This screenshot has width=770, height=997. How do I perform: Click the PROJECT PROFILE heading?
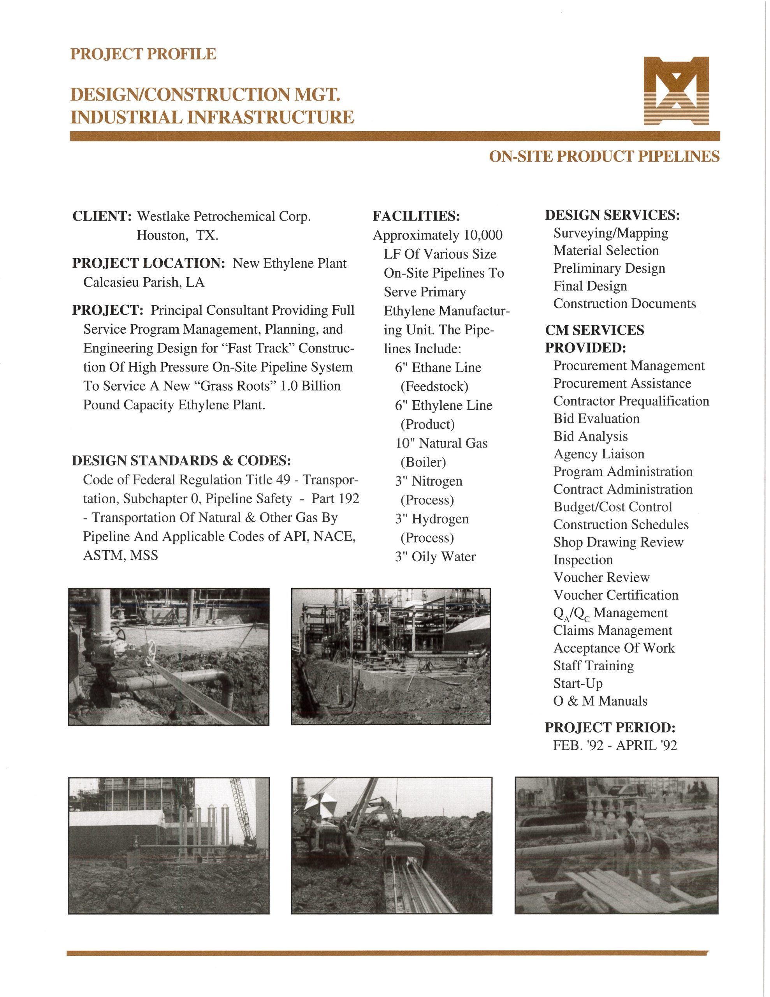[x=143, y=54]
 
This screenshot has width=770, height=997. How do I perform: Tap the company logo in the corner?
[x=676, y=90]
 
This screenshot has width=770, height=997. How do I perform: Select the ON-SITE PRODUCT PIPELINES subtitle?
[x=604, y=157]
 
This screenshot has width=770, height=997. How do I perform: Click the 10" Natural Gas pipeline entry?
[x=441, y=443]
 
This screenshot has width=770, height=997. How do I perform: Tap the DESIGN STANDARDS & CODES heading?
[x=181, y=461]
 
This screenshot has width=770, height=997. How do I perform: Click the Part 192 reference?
[x=336, y=498]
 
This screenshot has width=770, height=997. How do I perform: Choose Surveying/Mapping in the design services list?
[x=610, y=233]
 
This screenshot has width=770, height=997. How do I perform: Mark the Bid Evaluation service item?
[x=596, y=419]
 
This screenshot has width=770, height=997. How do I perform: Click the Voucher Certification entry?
[x=616, y=595]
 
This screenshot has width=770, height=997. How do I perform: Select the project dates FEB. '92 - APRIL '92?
[x=615, y=745]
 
